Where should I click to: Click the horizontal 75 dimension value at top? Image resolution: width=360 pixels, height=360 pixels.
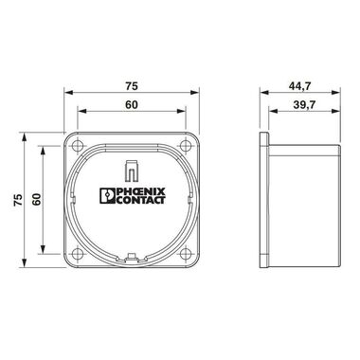(132, 86)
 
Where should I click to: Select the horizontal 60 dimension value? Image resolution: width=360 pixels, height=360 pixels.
(132, 104)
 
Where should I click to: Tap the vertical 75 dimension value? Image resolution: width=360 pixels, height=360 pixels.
(18, 200)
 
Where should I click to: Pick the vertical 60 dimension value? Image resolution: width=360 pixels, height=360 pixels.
(37, 200)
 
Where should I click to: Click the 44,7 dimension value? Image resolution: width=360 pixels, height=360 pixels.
(299, 86)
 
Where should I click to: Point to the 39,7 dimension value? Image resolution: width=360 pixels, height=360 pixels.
(304, 104)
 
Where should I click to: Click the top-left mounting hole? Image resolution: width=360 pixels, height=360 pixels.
(77, 146)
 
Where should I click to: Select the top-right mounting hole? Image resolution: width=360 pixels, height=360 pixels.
(186, 146)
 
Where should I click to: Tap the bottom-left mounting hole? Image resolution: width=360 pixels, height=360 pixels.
(77, 254)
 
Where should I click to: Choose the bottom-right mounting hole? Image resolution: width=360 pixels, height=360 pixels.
(186, 254)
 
